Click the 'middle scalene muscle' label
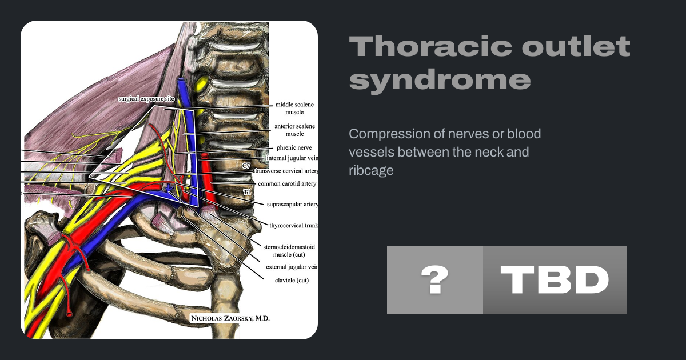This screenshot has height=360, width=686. [x=294, y=109]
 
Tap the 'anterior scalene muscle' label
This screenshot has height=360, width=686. [x=294, y=130]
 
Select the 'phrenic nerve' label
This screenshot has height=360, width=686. [x=294, y=147]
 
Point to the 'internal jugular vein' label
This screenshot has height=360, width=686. [x=292, y=158]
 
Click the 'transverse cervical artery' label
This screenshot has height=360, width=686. [x=286, y=171]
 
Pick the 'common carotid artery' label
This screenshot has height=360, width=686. [x=287, y=183]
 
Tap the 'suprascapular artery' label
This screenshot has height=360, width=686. [x=292, y=204]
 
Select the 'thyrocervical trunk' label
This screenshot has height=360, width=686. [x=293, y=226]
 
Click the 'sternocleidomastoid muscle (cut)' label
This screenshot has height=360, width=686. [x=289, y=251]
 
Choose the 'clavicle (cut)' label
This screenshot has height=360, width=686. [x=292, y=281]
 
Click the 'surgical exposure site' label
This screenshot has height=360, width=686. [x=146, y=99]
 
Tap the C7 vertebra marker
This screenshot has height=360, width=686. [x=246, y=166]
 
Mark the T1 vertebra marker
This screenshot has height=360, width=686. [x=247, y=192]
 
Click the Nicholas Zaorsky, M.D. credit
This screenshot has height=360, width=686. [x=230, y=318]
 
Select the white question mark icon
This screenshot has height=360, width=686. [x=435, y=280]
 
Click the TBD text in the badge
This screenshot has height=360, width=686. [x=555, y=280]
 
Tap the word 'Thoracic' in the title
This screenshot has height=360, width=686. [x=430, y=46]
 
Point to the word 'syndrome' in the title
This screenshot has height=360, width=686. [x=440, y=79]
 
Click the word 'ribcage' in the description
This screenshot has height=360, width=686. [x=371, y=170]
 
